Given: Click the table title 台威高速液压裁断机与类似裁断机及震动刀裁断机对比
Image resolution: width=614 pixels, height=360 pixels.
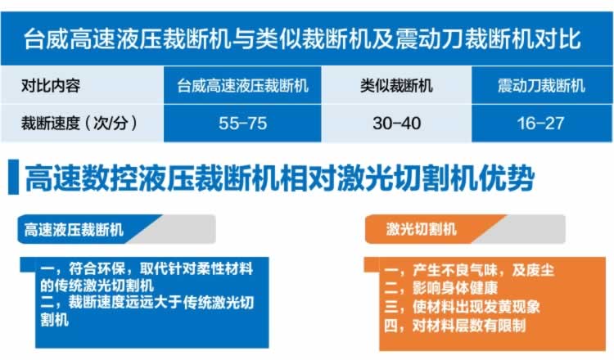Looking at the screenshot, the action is click(x=302, y=39).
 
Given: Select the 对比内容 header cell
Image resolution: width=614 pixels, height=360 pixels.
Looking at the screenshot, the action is click(x=51, y=85).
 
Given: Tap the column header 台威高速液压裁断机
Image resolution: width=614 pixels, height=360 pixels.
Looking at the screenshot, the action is click(x=242, y=85).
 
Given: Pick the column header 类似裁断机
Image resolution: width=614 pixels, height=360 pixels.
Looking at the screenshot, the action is click(x=396, y=85).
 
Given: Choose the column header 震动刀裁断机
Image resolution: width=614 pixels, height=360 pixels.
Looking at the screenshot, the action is click(x=542, y=85).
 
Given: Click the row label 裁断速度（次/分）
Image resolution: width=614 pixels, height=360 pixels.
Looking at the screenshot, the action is click(x=79, y=124).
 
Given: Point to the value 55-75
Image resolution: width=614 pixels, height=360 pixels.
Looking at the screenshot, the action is click(x=243, y=124).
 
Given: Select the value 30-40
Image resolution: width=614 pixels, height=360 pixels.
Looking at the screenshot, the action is click(x=397, y=124).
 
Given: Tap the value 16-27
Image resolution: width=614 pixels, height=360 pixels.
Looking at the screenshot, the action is click(x=540, y=124).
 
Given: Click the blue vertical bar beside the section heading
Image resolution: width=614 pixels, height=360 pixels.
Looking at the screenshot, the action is click(x=13, y=177).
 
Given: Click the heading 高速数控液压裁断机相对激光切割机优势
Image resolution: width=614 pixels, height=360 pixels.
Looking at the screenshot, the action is click(x=280, y=178).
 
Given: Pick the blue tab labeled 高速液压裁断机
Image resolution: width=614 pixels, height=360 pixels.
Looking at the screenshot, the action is click(x=90, y=229).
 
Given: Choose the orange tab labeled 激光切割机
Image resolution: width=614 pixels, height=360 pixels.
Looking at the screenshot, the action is click(x=435, y=229).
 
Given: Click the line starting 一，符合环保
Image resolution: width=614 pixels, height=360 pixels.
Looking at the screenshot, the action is click(x=147, y=277).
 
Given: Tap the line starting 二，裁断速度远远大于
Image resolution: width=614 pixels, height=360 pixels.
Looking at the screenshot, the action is click(x=147, y=311).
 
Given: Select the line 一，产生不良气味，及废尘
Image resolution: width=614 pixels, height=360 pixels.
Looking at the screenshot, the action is click(x=469, y=270).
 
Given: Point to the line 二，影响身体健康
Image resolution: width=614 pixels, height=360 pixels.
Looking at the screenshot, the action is click(x=440, y=288).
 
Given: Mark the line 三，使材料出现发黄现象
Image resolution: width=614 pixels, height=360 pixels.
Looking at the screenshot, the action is click(x=462, y=307).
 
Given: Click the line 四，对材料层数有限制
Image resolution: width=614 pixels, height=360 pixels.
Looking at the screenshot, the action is click(x=454, y=325).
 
